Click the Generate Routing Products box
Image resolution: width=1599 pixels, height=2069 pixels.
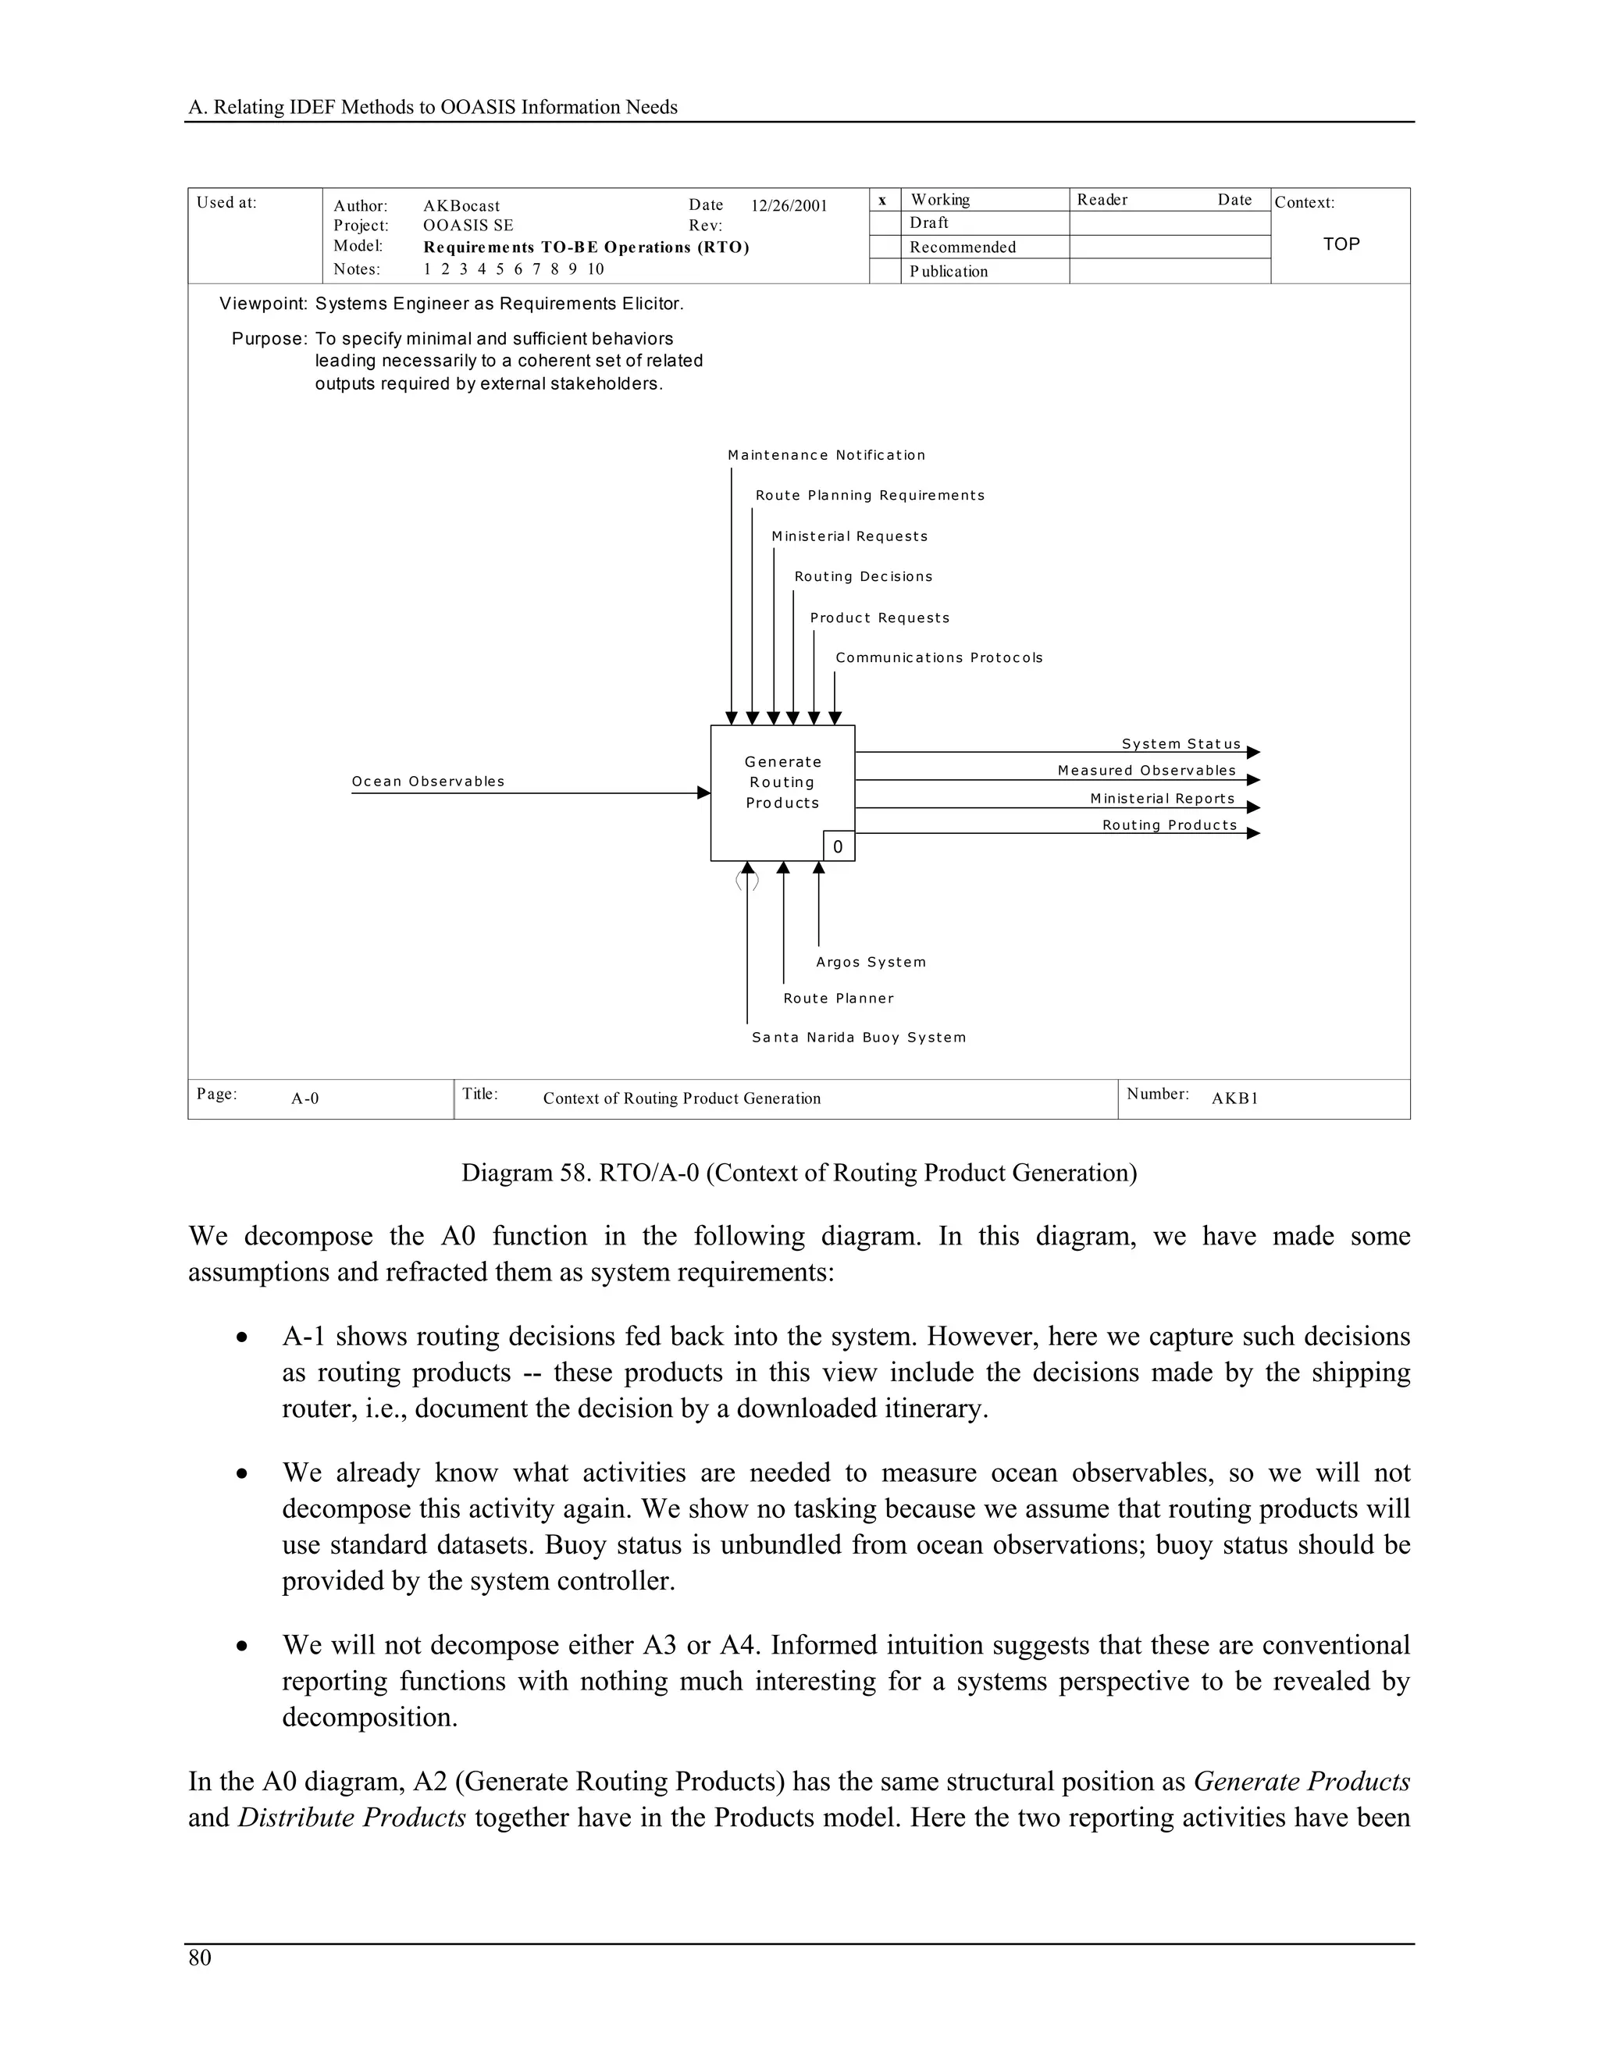pos(782,782)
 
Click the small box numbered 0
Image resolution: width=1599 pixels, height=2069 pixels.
pos(839,847)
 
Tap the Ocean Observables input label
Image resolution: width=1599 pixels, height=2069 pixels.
pos(428,782)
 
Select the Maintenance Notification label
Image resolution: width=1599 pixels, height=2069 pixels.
pos(826,456)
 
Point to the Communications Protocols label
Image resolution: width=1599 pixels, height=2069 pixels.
pos(938,658)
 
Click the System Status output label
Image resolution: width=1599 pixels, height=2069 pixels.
pos(1181,745)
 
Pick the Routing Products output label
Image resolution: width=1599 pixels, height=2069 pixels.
pos(1169,825)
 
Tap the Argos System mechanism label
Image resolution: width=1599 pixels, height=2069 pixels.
pos(871,963)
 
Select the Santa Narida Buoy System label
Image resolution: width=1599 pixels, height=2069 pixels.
pos(858,1038)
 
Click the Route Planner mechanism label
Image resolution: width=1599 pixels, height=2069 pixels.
pos(839,999)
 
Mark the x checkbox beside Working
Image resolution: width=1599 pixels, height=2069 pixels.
pos(883,200)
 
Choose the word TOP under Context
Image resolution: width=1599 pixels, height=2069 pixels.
pos(1341,244)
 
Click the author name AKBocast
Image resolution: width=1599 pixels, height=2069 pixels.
pos(461,207)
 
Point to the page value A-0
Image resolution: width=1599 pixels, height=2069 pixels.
pos(305,1099)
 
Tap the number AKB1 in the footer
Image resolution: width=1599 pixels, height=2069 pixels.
pos(1234,1099)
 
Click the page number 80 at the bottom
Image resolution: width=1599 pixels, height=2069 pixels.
pos(200,1958)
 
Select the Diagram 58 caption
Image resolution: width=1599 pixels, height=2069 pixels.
pos(799,1173)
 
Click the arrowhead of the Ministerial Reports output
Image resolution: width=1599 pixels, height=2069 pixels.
pos(1253,807)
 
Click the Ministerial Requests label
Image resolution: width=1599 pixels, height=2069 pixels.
pos(849,537)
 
